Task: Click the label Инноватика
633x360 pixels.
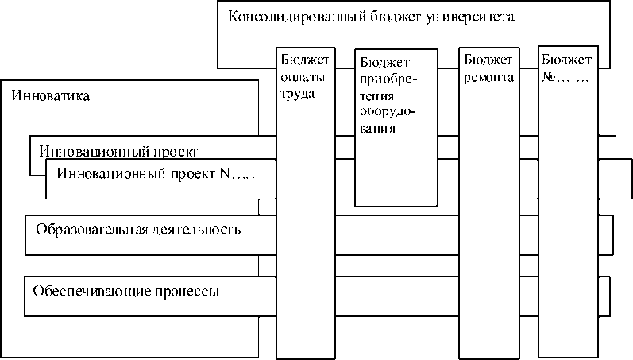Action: tap(49, 96)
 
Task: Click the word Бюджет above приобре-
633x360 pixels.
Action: tap(384, 63)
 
